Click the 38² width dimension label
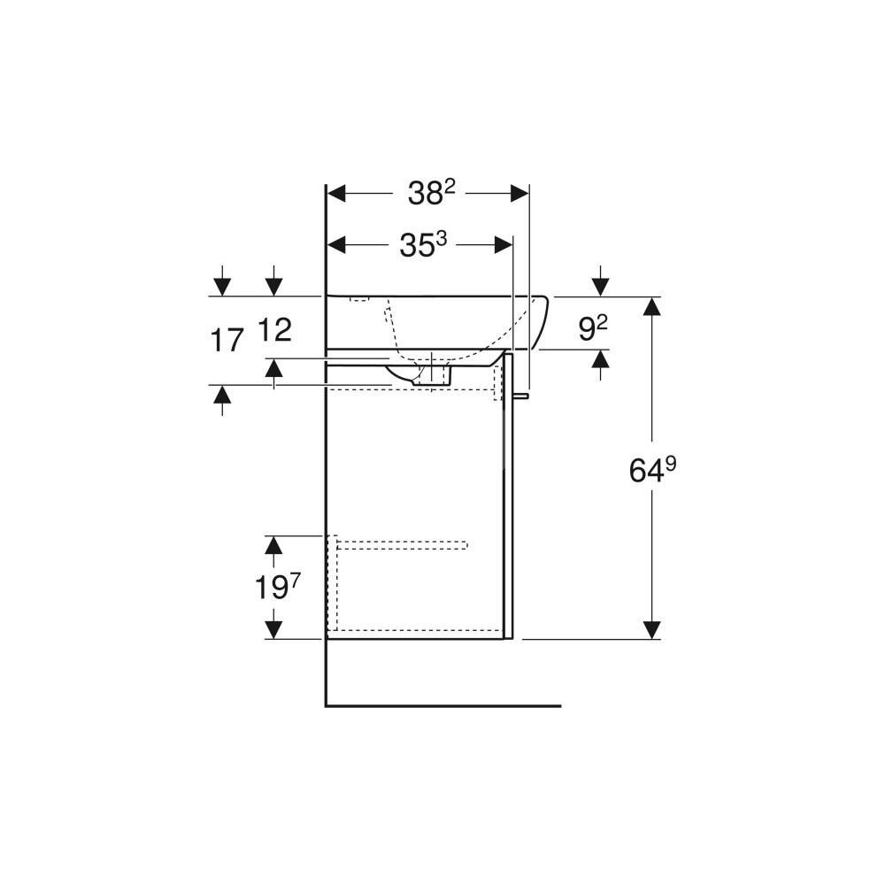[x=431, y=193]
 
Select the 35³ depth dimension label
[x=423, y=244]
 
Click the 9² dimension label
[x=593, y=328]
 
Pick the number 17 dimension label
[x=227, y=341]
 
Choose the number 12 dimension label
[x=274, y=329]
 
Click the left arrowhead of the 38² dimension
[x=336, y=194]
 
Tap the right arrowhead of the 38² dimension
[x=519, y=194]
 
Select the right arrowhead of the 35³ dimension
[x=504, y=245]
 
